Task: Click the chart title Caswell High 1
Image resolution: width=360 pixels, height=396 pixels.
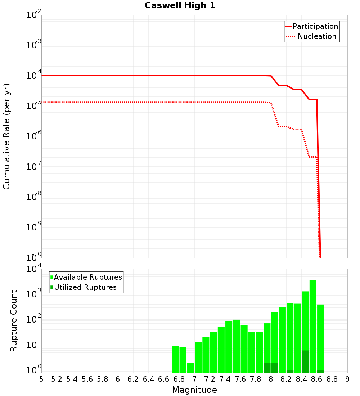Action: pos(180,5)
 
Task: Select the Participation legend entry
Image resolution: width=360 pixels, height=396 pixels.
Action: pos(312,26)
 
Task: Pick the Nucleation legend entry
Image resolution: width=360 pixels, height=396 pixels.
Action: pos(312,36)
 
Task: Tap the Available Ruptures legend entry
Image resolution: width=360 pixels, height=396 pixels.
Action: pos(86,277)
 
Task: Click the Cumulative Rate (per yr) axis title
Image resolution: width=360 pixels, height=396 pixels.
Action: pos(6,136)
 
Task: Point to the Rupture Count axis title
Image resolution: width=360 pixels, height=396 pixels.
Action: pos(14,321)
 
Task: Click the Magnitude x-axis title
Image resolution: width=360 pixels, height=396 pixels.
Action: pos(194,390)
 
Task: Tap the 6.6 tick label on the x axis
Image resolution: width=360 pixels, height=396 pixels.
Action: pos(164,379)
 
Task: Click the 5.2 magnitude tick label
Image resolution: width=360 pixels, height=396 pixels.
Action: pos(57,379)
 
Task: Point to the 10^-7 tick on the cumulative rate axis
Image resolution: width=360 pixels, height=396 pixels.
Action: pos(33,167)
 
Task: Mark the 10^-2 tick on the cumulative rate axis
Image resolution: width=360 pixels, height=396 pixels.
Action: pos(33,15)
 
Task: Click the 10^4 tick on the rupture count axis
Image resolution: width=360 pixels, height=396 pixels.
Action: pos(33,269)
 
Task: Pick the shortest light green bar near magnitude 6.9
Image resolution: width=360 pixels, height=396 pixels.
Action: pos(190,368)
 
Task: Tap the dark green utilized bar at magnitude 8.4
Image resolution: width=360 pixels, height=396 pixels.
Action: pos(305,361)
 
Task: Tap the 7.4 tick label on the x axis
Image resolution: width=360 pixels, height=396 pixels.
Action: pos(225,379)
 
